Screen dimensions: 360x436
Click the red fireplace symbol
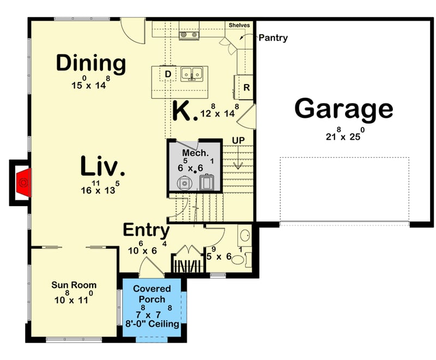(x=23, y=182)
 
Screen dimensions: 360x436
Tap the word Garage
(x=343, y=109)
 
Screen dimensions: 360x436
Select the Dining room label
(x=91, y=63)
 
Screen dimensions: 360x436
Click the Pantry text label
(x=272, y=38)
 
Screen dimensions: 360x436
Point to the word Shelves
(x=239, y=25)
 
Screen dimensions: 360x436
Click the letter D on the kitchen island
(x=168, y=74)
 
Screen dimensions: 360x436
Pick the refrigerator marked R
(x=246, y=87)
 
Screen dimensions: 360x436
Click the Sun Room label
(x=74, y=285)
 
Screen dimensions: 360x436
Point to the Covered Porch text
(x=155, y=293)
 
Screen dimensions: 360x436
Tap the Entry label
(x=146, y=230)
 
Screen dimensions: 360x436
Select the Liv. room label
(x=104, y=166)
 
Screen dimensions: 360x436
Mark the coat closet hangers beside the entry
(x=187, y=266)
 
